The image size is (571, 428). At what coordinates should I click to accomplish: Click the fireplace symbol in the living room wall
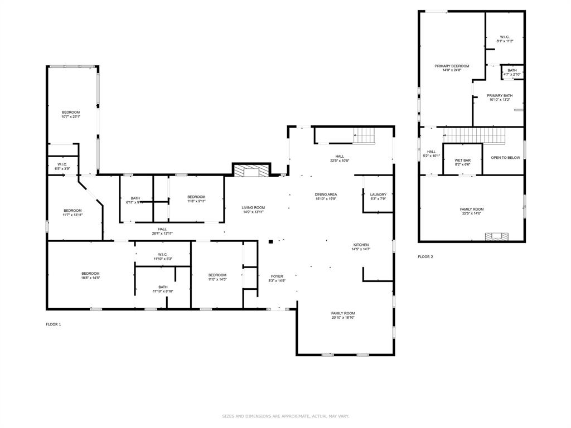coord(251,170)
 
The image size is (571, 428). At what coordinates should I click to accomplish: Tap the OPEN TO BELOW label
coord(505,158)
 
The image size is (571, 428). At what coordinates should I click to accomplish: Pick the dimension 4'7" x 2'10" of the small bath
coord(512,75)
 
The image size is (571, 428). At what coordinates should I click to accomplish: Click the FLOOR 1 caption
coord(54,324)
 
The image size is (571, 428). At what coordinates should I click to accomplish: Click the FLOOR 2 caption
coord(425,257)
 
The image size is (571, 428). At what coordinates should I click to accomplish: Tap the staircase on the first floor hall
coord(366,135)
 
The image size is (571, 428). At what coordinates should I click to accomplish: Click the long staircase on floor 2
coord(474,135)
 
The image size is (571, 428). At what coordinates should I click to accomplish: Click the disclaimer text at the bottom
coord(285,416)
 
